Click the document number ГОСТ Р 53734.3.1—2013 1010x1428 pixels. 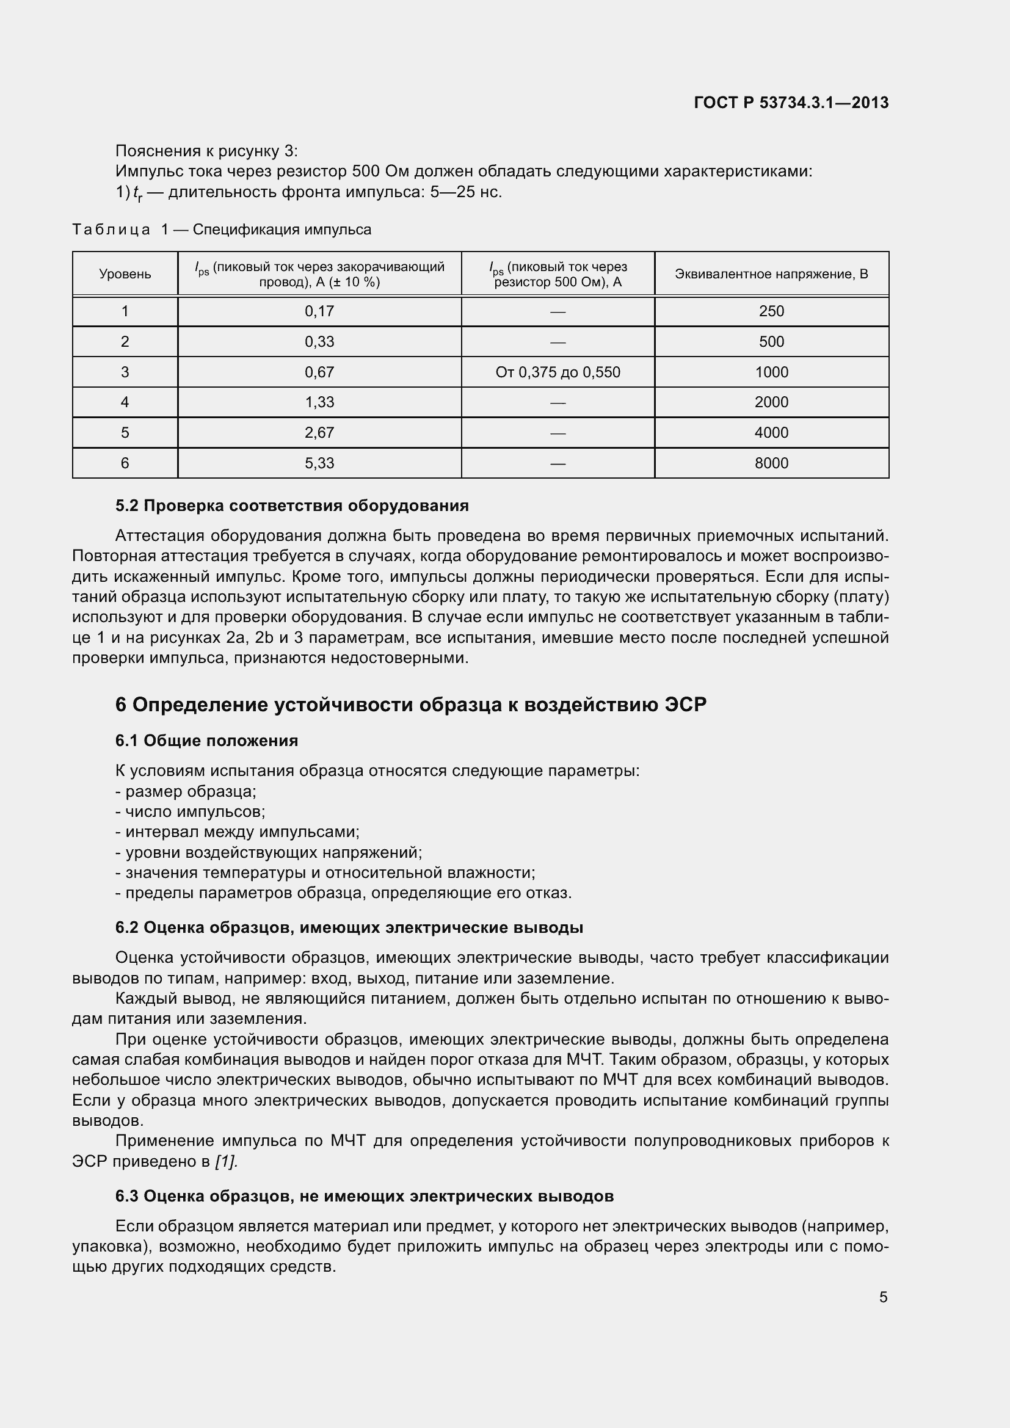point(790,103)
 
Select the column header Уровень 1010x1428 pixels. point(125,274)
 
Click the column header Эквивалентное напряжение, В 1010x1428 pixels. point(771,274)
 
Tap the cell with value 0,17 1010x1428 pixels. point(319,311)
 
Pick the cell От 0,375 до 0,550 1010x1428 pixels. point(558,372)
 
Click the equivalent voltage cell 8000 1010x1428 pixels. point(771,463)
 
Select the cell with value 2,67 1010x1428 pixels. point(319,433)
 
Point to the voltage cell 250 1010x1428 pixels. point(771,311)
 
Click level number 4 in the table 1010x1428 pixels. point(125,402)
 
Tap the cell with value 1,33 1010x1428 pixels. point(319,402)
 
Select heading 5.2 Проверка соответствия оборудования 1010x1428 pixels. point(292,506)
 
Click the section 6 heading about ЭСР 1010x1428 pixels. point(410,705)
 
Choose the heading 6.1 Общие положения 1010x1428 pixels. point(206,741)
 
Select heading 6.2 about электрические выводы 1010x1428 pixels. point(349,928)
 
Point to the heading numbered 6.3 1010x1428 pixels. point(365,1197)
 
